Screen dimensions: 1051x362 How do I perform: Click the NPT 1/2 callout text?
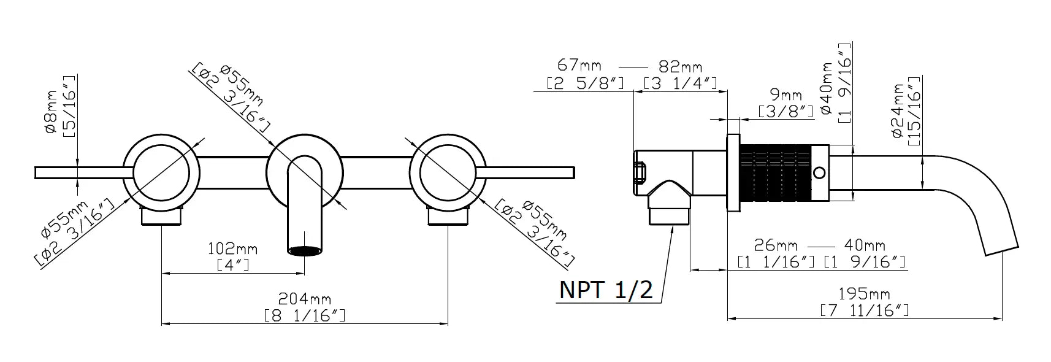(x=606, y=290)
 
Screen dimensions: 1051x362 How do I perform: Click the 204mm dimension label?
(x=305, y=299)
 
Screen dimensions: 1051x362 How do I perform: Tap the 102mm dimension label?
(x=233, y=248)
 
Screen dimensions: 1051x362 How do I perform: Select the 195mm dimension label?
(x=864, y=295)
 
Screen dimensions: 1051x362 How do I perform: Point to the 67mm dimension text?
(x=579, y=65)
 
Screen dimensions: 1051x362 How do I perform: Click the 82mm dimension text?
(x=681, y=67)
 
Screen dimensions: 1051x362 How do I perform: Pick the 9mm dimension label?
(x=786, y=95)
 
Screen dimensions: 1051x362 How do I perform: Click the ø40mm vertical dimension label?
(x=826, y=88)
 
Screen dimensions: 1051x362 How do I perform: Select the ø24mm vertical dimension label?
(x=898, y=111)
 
